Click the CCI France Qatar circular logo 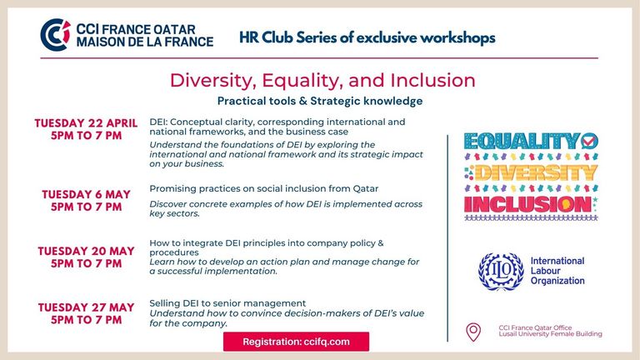click(x=55, y=35)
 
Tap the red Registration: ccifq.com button click(x=296, y=342)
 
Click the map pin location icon click(x=473, y=332)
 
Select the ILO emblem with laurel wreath click(x=501, y=272)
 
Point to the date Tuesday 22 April click(x=86, y=123)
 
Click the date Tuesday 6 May click(x=86, y=194)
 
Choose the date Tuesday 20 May click(x=86, y=251)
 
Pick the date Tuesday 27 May click(x=86, y=307)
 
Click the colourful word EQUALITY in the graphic click(x=522, y=142)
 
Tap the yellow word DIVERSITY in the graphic click(x=536, y=172)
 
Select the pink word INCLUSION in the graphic click(x=527, y=204)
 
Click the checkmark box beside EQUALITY click(x=590, y=141)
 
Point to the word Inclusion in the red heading click(x=432, y=80)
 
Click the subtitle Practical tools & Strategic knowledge click(x=320, y=101)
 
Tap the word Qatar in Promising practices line click(x=365, y=188)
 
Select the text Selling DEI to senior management click(x=227, y=303)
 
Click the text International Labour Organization click(x=557, y=271)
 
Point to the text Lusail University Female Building click(x=550, y=334)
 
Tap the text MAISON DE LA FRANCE click(x=144, y=42)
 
